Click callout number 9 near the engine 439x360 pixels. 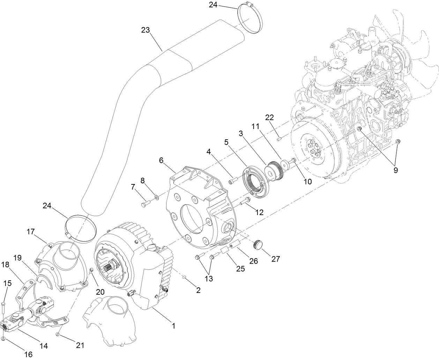[395, 170]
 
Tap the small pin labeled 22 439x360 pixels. [279, 140]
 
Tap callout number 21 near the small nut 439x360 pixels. [80, 345]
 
